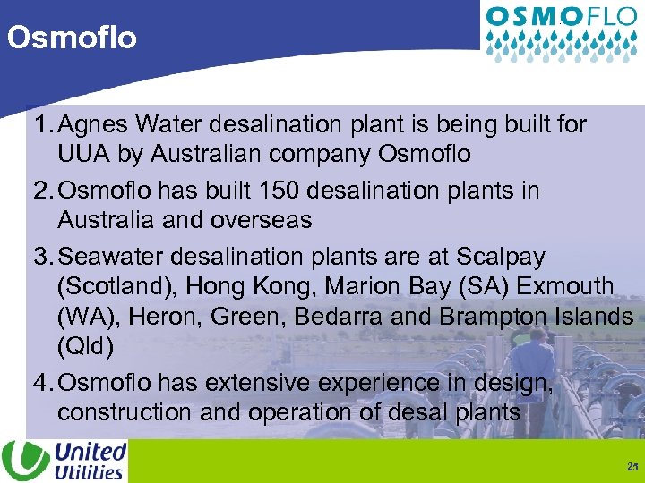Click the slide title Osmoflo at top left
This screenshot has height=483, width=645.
72,38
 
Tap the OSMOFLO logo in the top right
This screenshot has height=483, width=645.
562,30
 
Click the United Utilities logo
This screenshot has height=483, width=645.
64,461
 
